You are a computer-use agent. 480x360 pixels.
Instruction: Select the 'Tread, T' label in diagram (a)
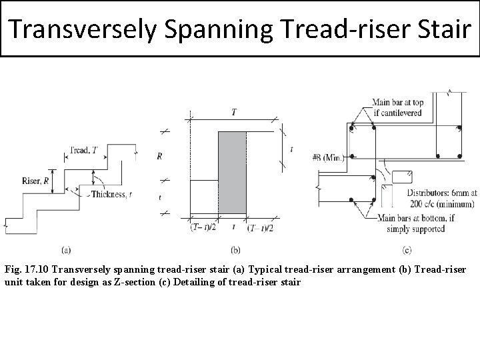click(85, 151)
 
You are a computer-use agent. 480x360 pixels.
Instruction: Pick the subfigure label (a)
click(67, 250)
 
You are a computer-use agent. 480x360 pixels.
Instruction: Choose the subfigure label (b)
click(235, 250)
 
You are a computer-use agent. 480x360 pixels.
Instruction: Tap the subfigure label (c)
click(406, 250)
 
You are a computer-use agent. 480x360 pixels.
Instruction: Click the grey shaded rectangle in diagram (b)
click(232, 172)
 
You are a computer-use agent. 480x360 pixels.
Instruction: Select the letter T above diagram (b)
click(233, 113)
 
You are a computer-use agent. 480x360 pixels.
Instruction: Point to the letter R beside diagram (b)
click(159, 156)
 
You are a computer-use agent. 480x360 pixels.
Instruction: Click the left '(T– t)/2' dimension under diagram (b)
click(202, 228)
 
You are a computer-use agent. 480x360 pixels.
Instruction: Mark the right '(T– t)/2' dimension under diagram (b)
click(261, 228)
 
